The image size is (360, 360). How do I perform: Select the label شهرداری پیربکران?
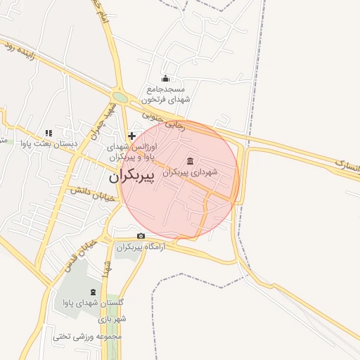coord(190,172)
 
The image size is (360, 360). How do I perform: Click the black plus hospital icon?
coord(131,135)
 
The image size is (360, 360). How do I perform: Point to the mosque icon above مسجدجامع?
coord(166,78)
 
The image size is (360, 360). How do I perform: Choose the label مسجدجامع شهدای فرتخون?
coord(165,94)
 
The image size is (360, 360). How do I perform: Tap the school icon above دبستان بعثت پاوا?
coord(48,132)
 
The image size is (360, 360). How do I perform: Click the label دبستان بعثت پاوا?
coord(49,143)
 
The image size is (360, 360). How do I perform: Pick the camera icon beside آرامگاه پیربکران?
coord(141,236)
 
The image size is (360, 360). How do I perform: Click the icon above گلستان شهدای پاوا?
coord(94,291)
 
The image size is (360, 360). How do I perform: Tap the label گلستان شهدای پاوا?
coord(93,303)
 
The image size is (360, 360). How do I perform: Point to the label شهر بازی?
coord(112,319)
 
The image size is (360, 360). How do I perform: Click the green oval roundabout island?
coord(120,98)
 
